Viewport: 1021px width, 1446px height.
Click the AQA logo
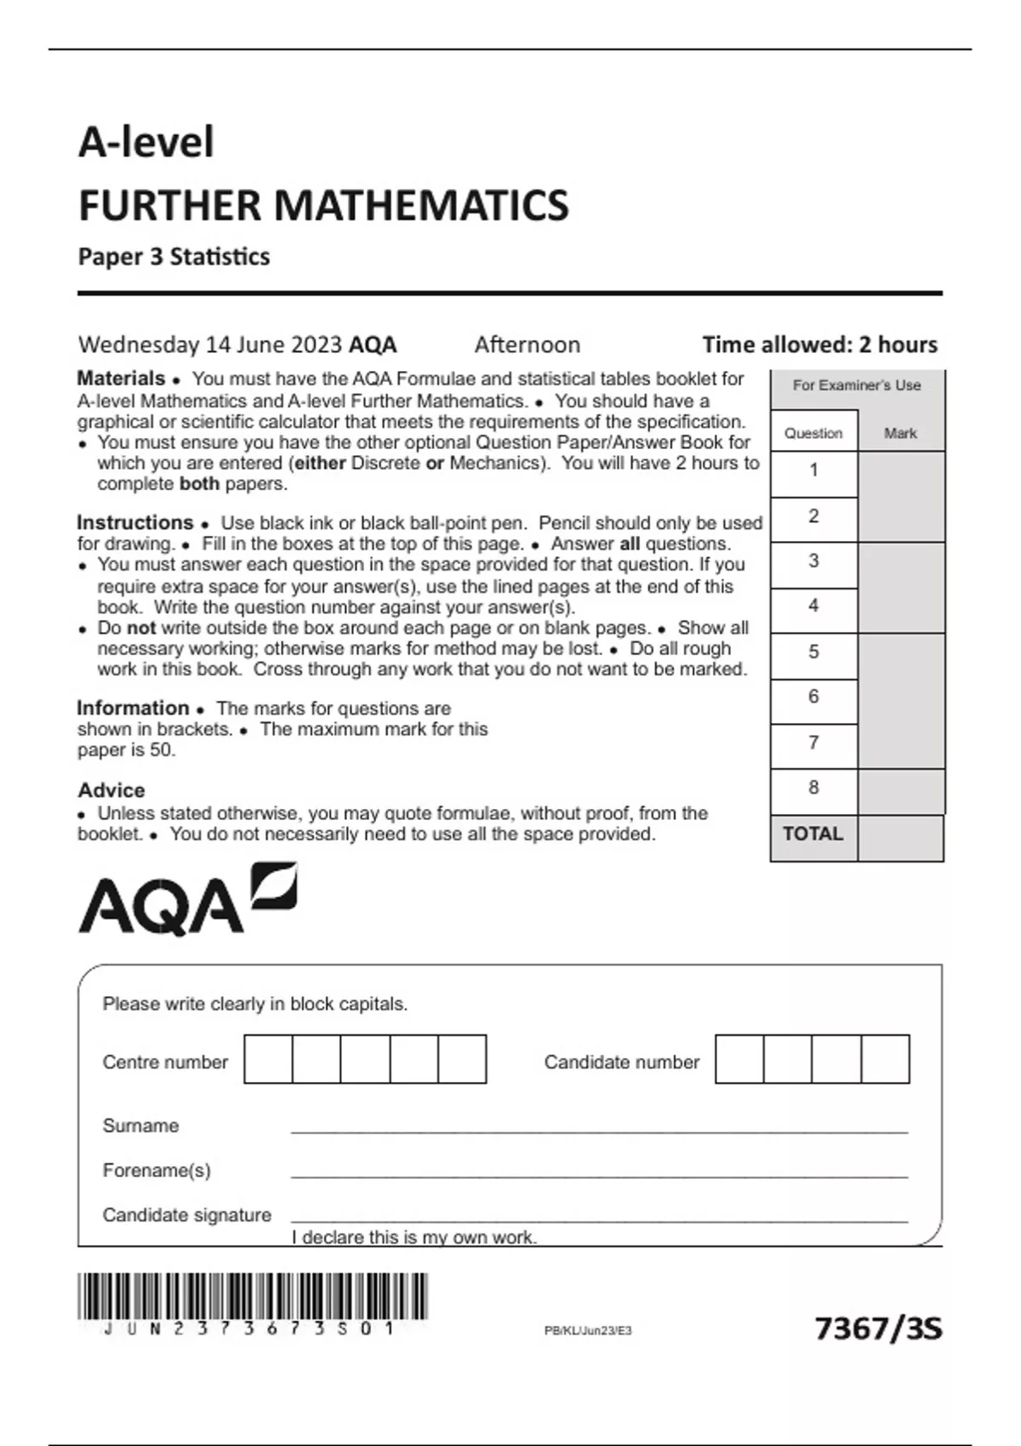[x=187, y=900]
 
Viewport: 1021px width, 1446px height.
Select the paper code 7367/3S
[x=878, y=1328]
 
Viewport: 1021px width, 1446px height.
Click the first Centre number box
[x=268, y=1059]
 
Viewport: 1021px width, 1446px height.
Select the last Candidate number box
[x=886, y=1059]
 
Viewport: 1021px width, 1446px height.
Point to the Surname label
[x=140, y=1125]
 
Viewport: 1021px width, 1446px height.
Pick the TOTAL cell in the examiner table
[x=813, y=834]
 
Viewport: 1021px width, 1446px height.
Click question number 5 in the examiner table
[x=813, y=652]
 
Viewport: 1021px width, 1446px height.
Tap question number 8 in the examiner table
[x=813, y=788]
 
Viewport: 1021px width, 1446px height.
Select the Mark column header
[x=900, y=433]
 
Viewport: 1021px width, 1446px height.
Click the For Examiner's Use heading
[x=857, y=385]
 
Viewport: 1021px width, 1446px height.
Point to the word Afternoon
[x=528, y=344]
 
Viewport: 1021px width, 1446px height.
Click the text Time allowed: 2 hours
[x=819, y=344]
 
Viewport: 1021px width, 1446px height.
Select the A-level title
[x=146, y=141]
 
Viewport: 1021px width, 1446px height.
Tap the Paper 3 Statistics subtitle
[x=174, y=257]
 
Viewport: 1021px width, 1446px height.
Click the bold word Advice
[x=111, y=790]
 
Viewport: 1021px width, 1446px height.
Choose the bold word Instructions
[x=135, y=522]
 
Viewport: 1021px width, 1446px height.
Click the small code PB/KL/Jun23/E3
[x=588, y=1330]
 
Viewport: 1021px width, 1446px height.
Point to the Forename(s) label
[x=157, y=1170]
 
